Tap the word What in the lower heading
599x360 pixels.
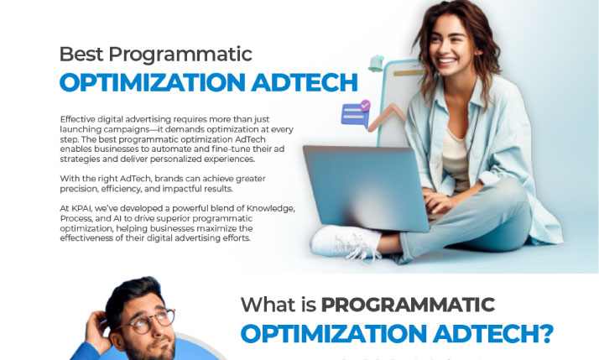click(x=268, y=305)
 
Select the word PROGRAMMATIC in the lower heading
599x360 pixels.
click(x=408, y=305)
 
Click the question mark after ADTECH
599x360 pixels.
click(x=544, y=333)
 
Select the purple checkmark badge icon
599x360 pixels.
click(x=364, y=107)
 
